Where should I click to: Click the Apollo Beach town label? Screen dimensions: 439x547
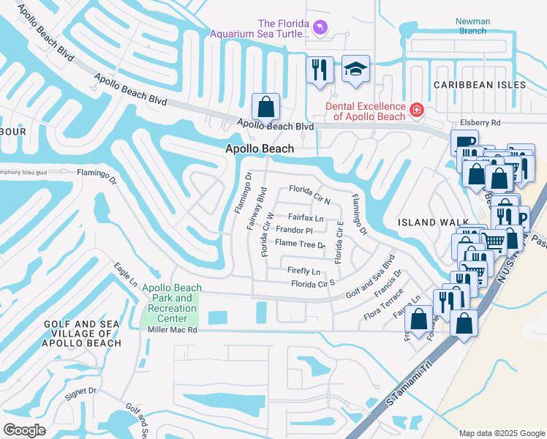click(259, 149)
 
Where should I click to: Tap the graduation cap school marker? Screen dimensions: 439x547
click(355, 70)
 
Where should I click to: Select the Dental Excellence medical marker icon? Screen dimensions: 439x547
click(416, 110)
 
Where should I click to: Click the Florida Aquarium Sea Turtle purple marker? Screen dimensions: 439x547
click(320, 27)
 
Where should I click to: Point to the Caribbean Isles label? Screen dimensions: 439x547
click(479, 85)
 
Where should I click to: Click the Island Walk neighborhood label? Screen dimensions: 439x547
click(429, 222)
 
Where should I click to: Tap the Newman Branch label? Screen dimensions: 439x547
click(472, 26)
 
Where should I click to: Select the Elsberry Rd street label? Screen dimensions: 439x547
click(480, 123)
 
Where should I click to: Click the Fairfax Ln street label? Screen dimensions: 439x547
click(306, 218)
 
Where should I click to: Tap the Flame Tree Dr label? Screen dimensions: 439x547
click(299, 244)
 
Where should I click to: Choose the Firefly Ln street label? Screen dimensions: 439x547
click(304, 271)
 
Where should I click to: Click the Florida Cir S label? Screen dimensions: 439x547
click(312, 283)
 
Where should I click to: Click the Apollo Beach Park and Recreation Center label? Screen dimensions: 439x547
click(170, 303)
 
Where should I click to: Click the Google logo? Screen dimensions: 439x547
click(24, 430)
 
